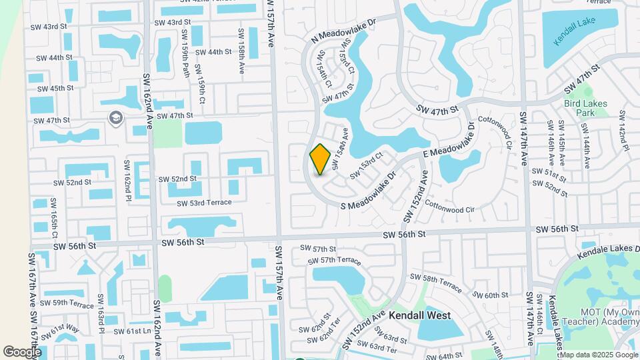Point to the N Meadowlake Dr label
tap(344, 31)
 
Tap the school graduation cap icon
tap(115, 118)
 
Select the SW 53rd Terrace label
tap(204, 203)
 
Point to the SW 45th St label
tap(55, 88)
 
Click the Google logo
tap(22, 352)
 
